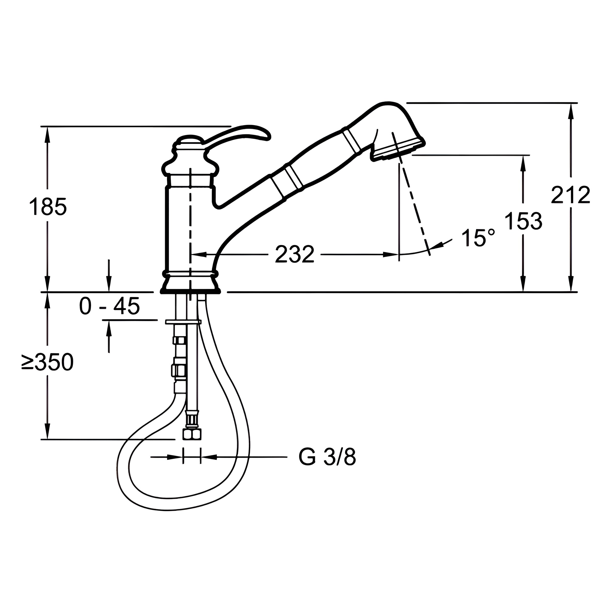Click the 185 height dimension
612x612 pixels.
pos(48,206)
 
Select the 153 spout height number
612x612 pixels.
pos(523,221)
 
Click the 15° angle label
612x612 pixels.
pos(478,238)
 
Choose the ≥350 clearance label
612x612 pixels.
pos(47,362)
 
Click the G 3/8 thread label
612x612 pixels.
pos(327,457)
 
